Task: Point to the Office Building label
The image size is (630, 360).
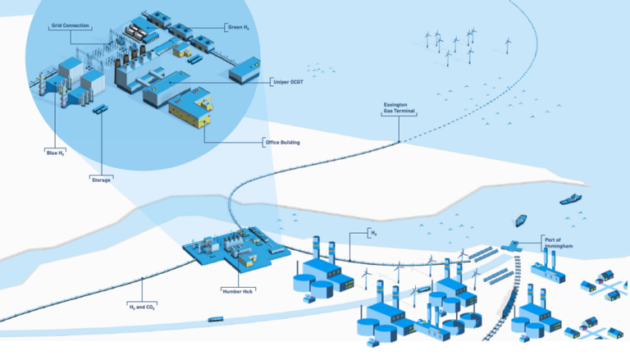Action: pos(281,143)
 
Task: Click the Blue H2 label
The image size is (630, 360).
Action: pos(54,153)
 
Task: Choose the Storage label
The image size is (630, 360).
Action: pos(101,179)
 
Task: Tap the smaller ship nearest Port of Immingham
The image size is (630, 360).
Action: pos(520,220)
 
